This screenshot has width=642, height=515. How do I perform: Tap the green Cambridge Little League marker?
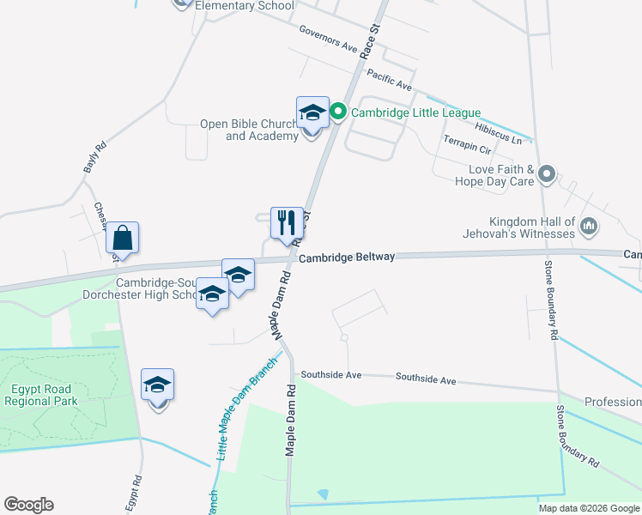(x=338, y=112)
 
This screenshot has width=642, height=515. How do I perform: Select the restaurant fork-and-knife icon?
(x=287, y=223)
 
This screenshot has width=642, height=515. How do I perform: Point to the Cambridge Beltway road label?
(x=347, y=257)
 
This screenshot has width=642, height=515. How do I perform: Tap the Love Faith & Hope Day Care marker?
(x=547, y=175)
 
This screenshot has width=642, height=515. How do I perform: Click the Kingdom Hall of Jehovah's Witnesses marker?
(x=588, y=227)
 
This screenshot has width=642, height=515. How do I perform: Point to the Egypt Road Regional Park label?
(x=41, y=395)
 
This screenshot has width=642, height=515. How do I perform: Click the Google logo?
(x=28, y=504)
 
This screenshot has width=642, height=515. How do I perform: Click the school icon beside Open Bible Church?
(x=312, y=113)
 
